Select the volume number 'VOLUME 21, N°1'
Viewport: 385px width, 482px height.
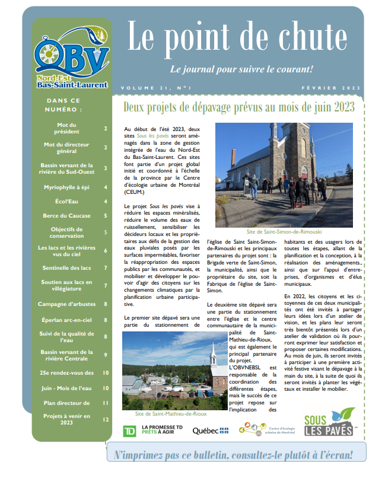[x=156, y=88]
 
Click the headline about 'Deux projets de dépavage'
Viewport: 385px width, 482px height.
[x=238, y=107]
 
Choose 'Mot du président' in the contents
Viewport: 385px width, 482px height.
[x=68, y=128]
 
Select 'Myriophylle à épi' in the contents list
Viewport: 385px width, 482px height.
[x=68, y=187]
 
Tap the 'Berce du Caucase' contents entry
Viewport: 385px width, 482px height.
[x=67, y=216]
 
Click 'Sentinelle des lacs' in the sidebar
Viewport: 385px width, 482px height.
[x=67, y=268]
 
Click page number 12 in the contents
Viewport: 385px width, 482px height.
[x=106, y=420]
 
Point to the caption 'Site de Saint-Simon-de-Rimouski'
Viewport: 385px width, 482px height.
[x=284, y=232]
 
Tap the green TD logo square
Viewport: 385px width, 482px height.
[x=128, y=431]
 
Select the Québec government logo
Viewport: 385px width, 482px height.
[x=211, y=431]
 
